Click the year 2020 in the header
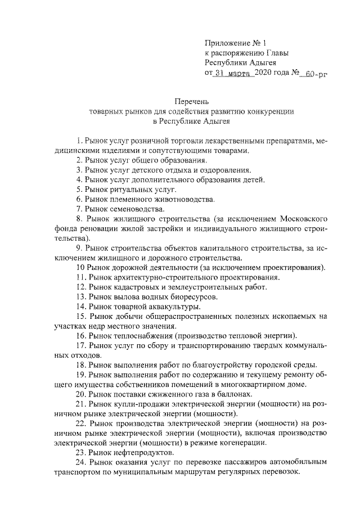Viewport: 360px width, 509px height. pyautogui.click(x=263, y=73)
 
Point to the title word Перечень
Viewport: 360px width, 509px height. pyautogui.click(x=191, y=101)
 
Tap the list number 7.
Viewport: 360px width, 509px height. pyautogui.click(x=78, y=210)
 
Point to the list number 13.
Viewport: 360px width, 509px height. pyautogui.click(x=80, y=296)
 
